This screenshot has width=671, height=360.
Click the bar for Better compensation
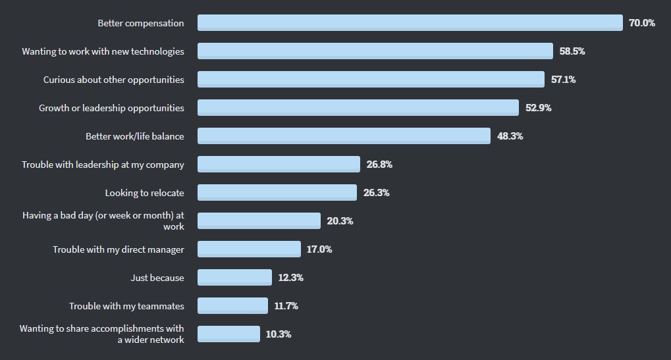410,23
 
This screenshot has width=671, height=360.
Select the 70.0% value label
641,23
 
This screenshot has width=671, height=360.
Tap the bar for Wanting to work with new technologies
375,51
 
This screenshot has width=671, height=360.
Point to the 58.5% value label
572,51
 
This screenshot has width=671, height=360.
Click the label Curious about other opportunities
114,80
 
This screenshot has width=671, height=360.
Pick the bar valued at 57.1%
371,80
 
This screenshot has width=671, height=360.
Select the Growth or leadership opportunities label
111,108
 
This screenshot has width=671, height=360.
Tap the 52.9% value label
538,108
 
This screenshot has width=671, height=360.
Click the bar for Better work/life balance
344,136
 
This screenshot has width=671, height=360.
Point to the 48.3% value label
510,136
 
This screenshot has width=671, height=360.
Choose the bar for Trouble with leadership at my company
279,165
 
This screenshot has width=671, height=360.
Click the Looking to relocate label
144,193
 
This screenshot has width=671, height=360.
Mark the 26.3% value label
376,193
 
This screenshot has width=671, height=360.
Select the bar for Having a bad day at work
259,221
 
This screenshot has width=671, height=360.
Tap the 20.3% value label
340,221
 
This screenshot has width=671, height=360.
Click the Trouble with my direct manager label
119,249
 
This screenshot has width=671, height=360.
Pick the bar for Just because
234,278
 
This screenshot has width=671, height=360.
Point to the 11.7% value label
286,306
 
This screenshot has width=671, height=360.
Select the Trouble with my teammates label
126,306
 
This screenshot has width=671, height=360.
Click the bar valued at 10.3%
228,334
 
